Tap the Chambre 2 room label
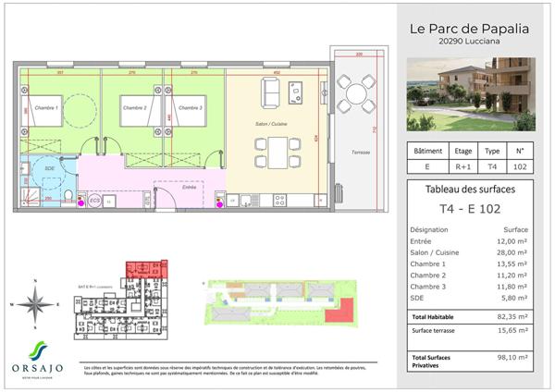pos(135,108)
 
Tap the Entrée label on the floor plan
pos(190,186)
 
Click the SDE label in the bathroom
pos(49,168)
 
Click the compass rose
pos(35,302)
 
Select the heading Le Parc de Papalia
pos(469,29)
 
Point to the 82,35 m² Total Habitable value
pos(512,316)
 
